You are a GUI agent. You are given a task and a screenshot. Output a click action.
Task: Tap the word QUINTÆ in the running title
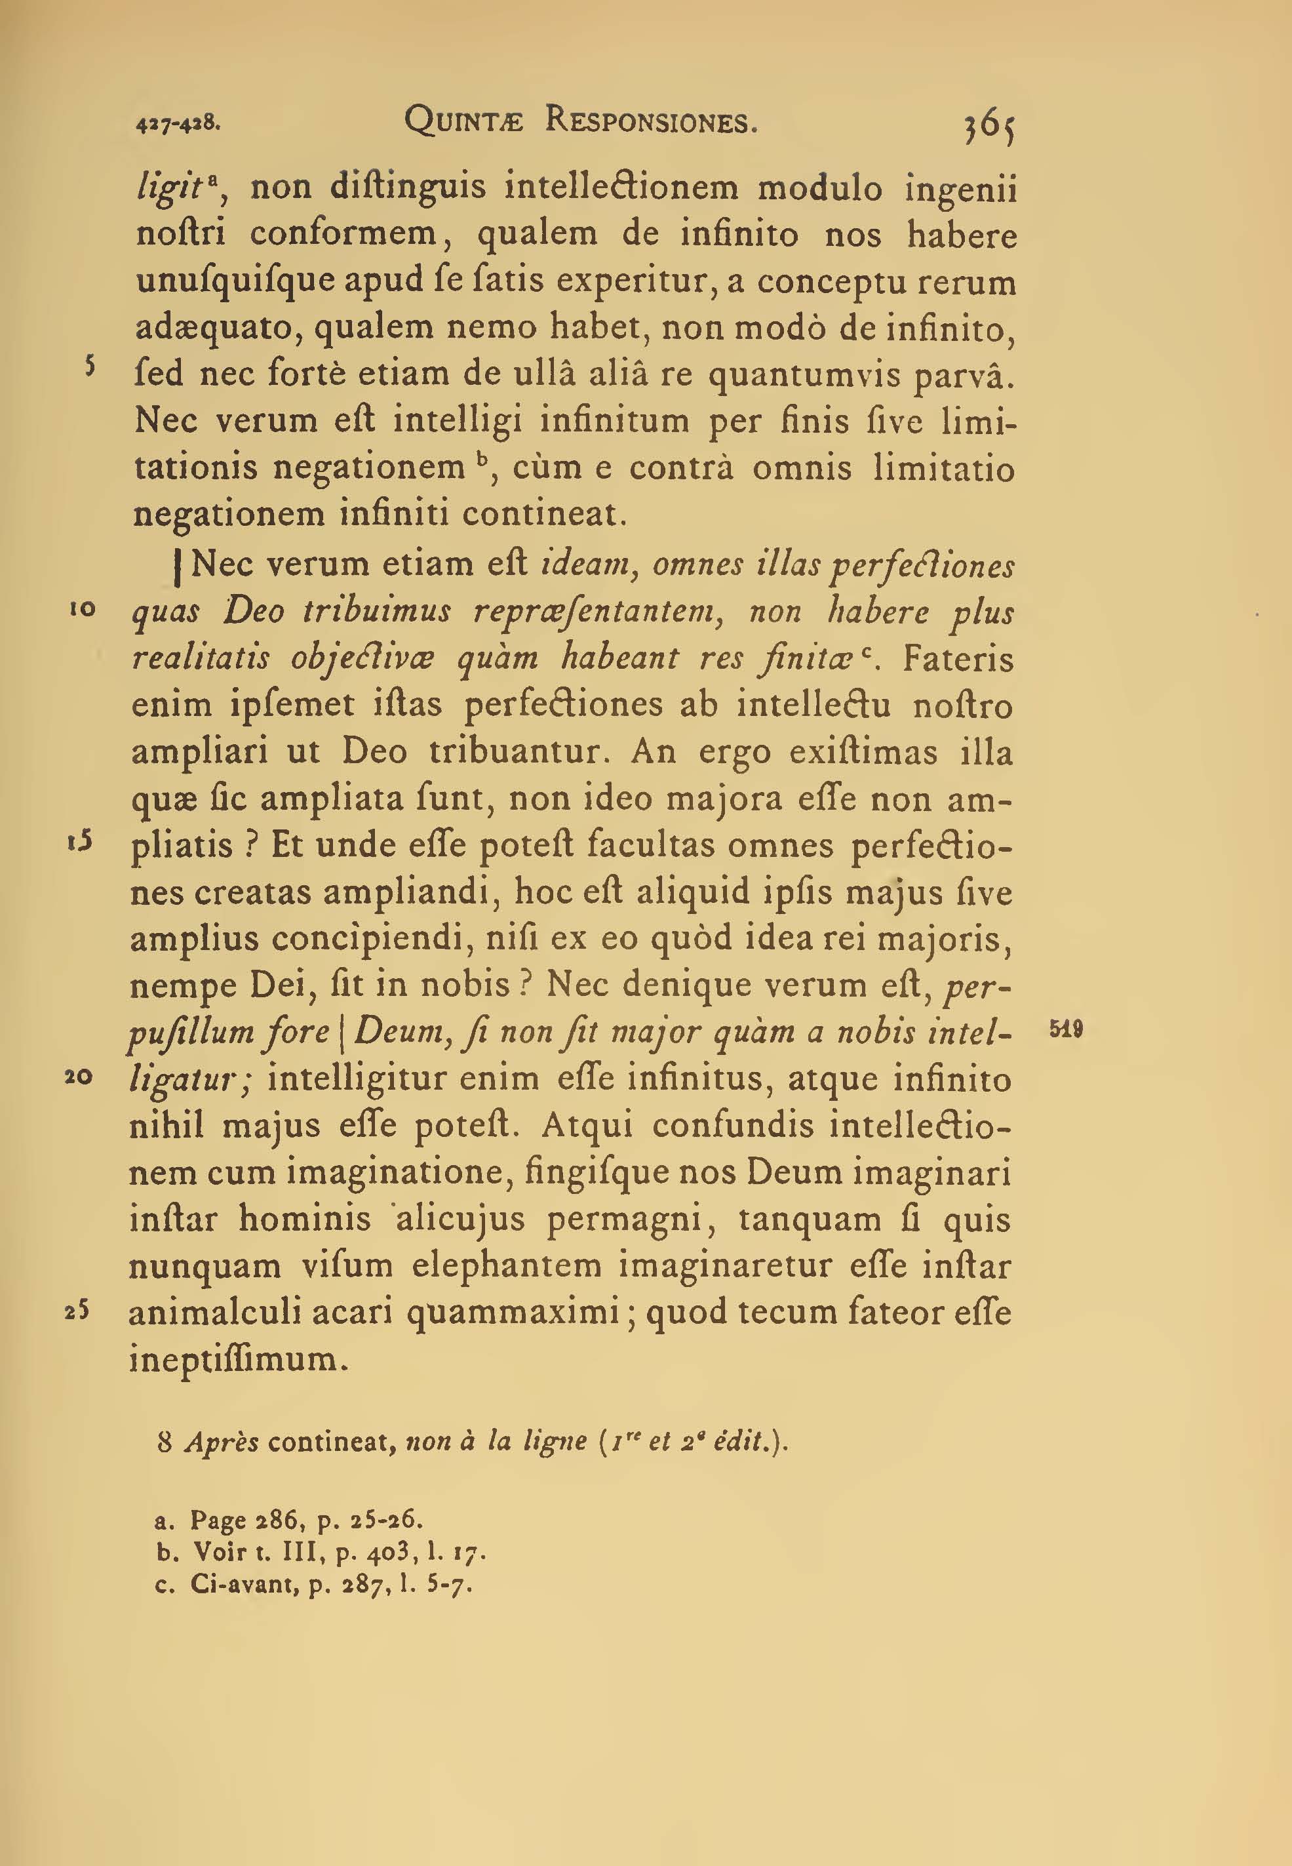tap(464, 121)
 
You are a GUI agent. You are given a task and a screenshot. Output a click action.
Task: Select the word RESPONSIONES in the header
tap(652, 121)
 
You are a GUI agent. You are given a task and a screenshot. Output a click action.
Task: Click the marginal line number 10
tap(83, 610)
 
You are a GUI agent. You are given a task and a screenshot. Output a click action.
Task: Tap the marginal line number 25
tap(79, 1311)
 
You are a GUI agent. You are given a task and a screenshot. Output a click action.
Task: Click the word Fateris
tap(958, 659)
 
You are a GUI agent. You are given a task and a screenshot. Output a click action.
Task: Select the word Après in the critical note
tap(221, 1442)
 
